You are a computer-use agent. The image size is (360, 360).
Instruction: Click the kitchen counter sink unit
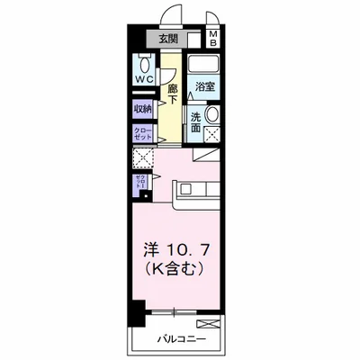196,190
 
